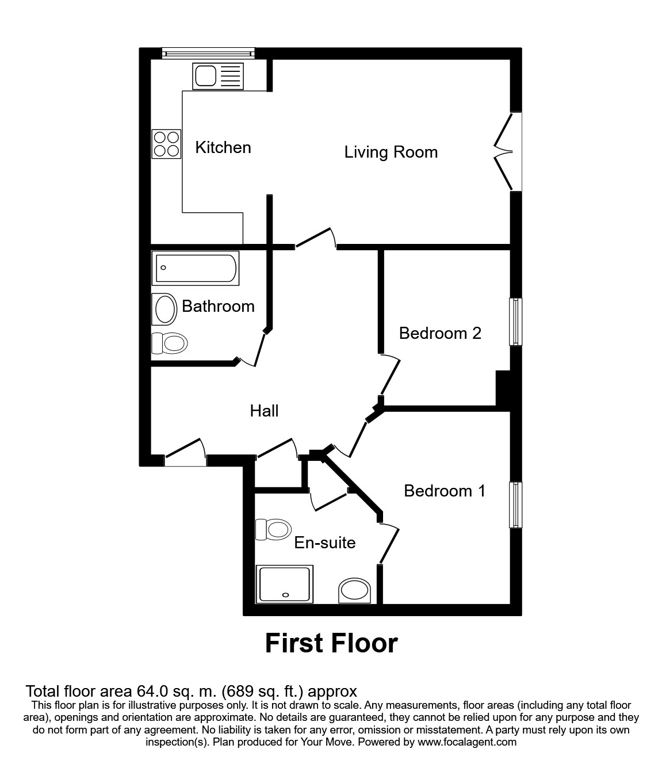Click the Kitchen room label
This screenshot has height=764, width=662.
coord(223,148)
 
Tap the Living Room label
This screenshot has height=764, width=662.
coord(391,152)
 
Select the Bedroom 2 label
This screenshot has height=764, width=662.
coord(440,334)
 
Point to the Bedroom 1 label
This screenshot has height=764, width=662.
coord(445,491)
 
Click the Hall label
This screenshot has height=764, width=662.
coord(264,411)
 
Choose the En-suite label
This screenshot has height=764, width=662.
coord(325,543)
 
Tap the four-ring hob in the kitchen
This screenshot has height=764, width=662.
coord(166,144)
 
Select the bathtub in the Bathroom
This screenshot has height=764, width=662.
coord(196,268)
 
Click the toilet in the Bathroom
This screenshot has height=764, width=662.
coord(170,344)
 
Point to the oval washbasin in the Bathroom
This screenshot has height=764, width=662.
coord(165,310)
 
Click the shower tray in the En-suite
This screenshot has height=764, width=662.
coord(285,584)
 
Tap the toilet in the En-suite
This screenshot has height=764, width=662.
coord(273,529)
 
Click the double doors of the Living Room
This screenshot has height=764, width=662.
coord(505,152)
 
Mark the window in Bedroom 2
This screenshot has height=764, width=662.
coord(516,322)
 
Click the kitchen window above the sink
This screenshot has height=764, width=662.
coord(208,54)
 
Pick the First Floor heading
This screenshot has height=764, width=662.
coord(331,643)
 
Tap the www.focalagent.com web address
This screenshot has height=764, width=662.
coord(468,742)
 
